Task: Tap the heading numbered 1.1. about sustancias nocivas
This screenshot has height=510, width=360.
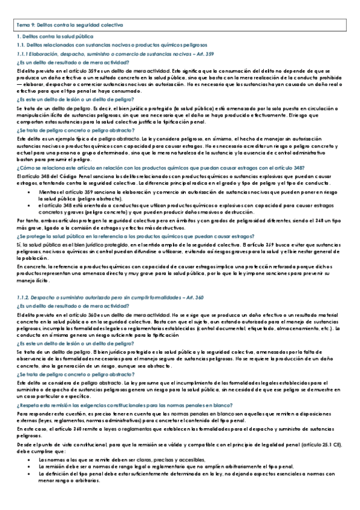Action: pyautogui.click(x=112, y=45)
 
